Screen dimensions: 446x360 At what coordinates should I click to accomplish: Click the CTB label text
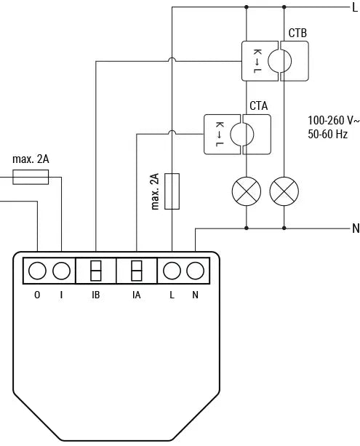[x=297, y=33]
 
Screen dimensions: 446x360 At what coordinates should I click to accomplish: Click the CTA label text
[x=258, y=106]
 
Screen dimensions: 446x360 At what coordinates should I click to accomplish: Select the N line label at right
[x=355, y=228]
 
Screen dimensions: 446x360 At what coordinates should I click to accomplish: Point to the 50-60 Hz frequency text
[x=328, y=135]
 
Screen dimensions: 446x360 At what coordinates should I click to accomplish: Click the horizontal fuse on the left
[x=31, y=177]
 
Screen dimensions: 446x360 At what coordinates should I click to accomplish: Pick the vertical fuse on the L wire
[x=172, y=191]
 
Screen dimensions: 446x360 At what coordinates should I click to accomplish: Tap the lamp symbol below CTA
[x=246, y=191]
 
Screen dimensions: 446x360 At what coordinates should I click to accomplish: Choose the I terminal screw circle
[x=62, y=271]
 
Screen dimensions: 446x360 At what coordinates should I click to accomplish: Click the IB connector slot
[x=96, y=271]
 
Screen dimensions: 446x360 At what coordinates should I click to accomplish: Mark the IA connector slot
[x=136, y=271]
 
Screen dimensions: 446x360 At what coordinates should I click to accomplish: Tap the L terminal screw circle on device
[x=172, y=271]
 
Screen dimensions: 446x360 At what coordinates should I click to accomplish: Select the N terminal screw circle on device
[x=195, y=271]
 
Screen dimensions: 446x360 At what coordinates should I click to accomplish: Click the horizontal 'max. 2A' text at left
[x=31, y=159]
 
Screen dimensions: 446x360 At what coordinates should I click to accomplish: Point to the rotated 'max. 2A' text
[x=154, y=191]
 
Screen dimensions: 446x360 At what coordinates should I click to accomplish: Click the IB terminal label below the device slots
[x=96, y=295]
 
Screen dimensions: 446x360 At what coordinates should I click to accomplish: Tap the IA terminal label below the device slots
[x=136, y=295]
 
